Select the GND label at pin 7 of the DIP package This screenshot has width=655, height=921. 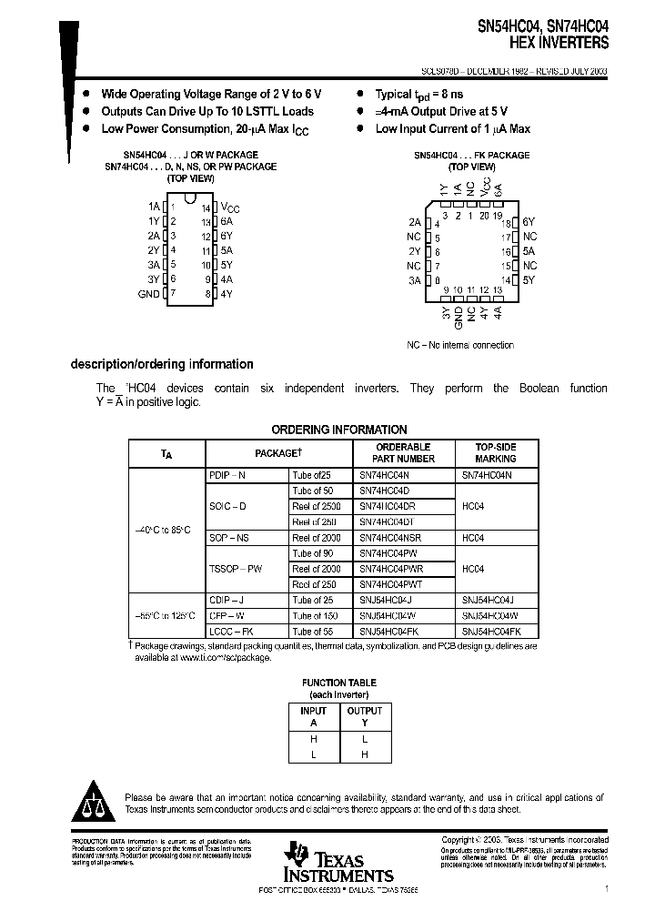pos(148,294)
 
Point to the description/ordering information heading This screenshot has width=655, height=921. pos(162,364)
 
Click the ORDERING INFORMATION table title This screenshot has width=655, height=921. pos(339,430)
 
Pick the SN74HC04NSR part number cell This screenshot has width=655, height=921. pos(389,538)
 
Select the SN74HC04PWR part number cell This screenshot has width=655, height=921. pos(391,569)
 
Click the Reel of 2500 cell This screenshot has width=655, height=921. pos(316,506)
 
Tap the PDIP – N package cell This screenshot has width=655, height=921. pos(227,476)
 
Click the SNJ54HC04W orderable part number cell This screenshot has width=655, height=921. pos(390,615)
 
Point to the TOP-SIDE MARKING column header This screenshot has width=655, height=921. pos(496,453)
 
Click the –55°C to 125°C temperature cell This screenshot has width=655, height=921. pos(167,615)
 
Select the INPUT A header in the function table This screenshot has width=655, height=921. pos(313,716)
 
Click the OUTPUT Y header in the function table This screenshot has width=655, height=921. pos(365,716)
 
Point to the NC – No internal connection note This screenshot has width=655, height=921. pos(459,345)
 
